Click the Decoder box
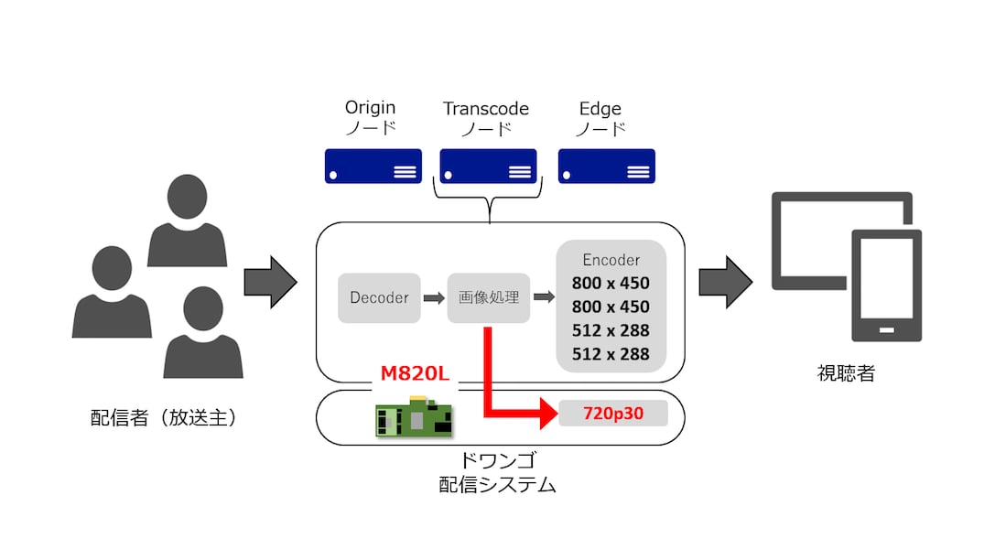click(379, 297)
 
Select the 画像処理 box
click(489, 297)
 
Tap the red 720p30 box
click(613, 414)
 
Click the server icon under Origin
click(373, 166)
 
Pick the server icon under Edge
click(607, 166)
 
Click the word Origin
click(370, 108)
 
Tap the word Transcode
click(486, 108)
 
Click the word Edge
click(600, 108)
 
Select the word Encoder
click(611, 260)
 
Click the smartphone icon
click(886, 284)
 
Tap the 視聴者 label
click(846, 373)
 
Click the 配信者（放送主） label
click(164, 417)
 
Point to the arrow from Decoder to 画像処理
click(434, 297)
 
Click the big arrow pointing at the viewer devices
click(725, 283)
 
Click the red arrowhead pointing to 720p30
click(547, 414)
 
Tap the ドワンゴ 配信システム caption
click(497, 474)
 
